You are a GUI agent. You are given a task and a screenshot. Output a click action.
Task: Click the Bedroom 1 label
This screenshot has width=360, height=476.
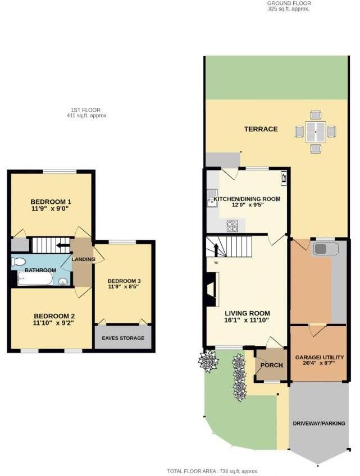tap(51, 202)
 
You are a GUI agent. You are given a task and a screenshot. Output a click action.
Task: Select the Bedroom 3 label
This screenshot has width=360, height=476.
tap(124, 281)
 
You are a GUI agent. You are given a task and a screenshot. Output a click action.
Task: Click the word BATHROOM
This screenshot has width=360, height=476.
tap(40, 271)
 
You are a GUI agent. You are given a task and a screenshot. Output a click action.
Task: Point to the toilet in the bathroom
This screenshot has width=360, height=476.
tap(19, 262)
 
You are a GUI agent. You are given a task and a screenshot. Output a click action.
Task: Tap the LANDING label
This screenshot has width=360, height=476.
tap(83, 259)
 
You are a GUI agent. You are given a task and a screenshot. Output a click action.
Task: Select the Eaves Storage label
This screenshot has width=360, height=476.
tap(123, 338)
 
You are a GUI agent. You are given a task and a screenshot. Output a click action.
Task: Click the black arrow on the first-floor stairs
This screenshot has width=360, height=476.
tap(62, 245)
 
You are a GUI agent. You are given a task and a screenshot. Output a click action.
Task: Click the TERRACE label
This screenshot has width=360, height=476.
tap(261, 129)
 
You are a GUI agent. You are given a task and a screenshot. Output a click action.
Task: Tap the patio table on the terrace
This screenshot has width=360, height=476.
tap(315, 132)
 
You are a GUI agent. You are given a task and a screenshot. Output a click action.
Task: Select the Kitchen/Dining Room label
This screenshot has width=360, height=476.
tap(248, 199)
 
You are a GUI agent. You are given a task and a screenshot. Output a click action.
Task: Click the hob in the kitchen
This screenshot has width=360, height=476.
tap(232, 226)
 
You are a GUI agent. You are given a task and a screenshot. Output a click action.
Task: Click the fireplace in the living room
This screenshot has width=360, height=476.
tap(211, 290)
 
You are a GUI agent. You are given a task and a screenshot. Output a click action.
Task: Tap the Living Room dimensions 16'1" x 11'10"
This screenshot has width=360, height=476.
tap(247, 321)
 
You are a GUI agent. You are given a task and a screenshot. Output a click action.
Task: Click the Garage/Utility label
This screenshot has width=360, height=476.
tap(320, 357)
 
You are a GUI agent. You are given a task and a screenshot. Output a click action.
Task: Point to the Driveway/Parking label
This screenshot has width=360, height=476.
tap(319, 423)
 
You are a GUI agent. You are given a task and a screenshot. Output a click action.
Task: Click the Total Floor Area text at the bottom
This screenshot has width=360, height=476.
tap(212, 472)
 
